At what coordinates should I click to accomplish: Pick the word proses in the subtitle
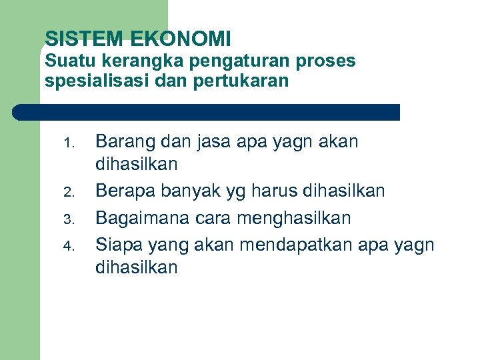click(327, 62)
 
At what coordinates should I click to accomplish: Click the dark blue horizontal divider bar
click(206, 112)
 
